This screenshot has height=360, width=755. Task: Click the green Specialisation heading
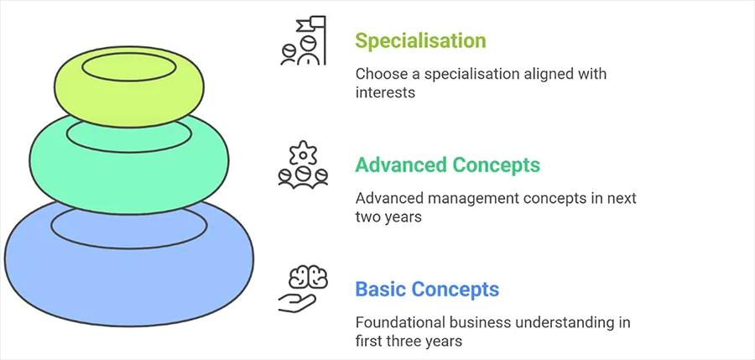pos(419,40)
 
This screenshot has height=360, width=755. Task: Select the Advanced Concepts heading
pos(447,164)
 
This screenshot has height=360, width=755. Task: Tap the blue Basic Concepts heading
pos(427,290)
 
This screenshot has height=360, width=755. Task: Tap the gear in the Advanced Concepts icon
pos(303,154)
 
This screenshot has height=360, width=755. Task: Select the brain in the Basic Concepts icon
pos(303,278)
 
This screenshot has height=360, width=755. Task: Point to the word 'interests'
pos(385,92)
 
